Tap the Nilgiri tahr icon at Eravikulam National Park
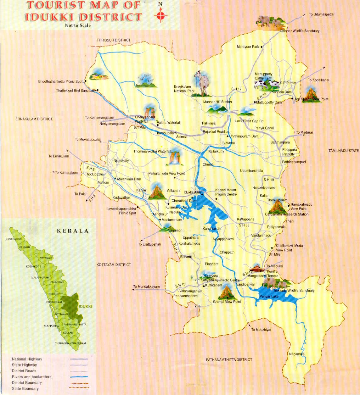(x=202, y=83)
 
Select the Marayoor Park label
(x=248, y=47)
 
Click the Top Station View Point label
(x=312, y=99)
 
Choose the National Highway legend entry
(x=27, y=359)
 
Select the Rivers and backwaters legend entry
(x=31, y=377)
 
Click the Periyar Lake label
(x=269, y=297)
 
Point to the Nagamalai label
(x=297, y=354)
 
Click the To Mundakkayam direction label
(x=146, y=287)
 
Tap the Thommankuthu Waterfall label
(x=152, y=152)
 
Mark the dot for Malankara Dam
(x=115, y=179)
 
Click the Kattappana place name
(x=245, y=220)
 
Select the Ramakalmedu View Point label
(x=301, y=207)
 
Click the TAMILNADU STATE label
(x=344, y=151)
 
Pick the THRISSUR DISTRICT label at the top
(x=114, y=40)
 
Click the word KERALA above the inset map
(x=73, y=231)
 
